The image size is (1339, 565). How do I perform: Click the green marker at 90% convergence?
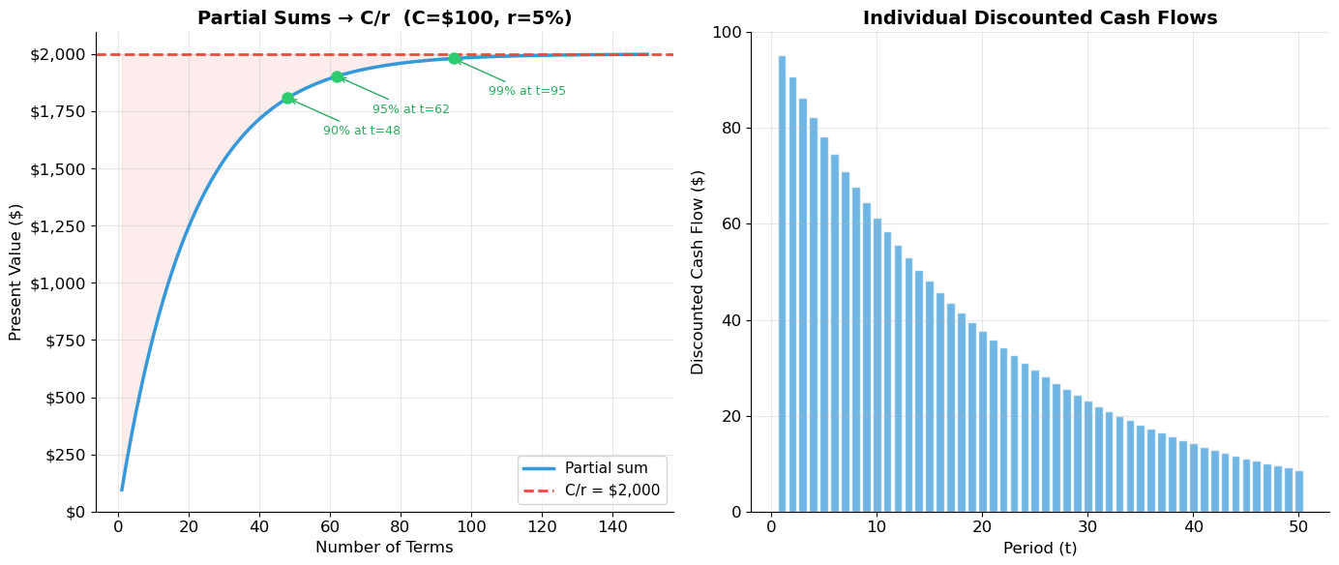tap(287, 98)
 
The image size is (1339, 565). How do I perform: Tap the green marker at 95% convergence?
tap(337, 76)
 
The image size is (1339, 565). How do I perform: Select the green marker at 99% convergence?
tap(454, 58)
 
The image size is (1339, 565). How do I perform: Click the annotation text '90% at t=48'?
tap(361, 131)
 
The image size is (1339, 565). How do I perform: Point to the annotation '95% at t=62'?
tap(410, 109)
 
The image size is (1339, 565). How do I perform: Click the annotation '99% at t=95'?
tap(526, 91)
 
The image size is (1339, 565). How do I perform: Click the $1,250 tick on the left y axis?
tap(57, 225)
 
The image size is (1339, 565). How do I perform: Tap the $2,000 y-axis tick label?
tap(57, 54)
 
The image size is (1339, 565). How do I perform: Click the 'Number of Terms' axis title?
tap(384, 548)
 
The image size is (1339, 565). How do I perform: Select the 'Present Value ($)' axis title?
tap(15, 272)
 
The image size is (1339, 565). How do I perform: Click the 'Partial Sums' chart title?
tap(384, 18)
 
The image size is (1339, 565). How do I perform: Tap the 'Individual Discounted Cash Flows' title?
tap(1040, 18)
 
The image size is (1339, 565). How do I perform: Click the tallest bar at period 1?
tap(782, 283)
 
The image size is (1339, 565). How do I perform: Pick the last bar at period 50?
tap(1298, 491)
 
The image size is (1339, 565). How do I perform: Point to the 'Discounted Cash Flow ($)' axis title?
tap(698, 272)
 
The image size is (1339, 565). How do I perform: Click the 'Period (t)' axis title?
tap(1040, 549)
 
